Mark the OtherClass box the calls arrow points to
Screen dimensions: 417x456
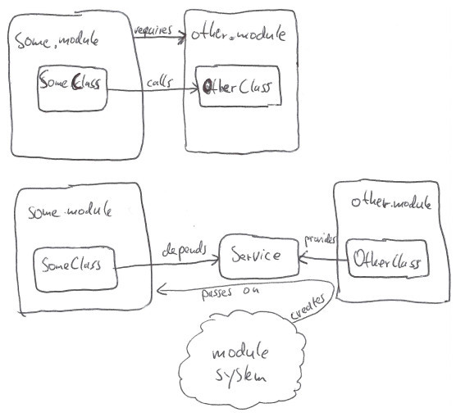coord(239,86)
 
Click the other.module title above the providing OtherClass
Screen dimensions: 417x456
coord(390,202)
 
